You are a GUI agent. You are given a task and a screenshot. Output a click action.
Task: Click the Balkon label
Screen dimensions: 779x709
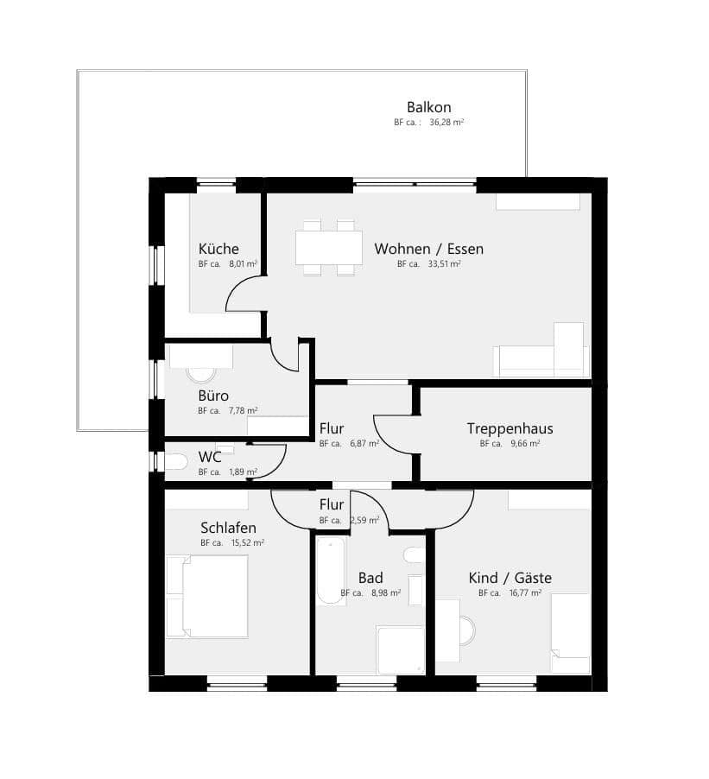[x=429, y=108]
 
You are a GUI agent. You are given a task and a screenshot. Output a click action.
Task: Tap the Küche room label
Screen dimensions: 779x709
[x=218, y=249]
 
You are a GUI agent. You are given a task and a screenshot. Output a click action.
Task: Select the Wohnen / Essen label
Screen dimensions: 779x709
[x=428, y=249]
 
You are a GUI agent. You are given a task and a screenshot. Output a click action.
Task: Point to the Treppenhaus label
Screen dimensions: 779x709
[x=510, y=428]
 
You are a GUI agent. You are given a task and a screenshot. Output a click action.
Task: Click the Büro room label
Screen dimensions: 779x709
[x=213, y=396]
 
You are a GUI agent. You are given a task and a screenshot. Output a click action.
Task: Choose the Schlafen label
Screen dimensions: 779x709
[x=228, y=528]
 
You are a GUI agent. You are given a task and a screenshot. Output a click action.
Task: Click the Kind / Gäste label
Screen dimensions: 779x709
[x=510, y=578]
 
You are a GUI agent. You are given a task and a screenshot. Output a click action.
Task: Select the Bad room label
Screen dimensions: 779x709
[x=370, y=578]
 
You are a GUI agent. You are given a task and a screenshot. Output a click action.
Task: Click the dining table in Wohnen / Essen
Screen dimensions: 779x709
[x=329, y=248]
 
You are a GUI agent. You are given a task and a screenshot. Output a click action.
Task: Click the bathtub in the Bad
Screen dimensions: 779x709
[x=329, y=571]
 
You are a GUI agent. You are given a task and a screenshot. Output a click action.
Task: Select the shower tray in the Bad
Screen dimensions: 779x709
[x=401, y=649]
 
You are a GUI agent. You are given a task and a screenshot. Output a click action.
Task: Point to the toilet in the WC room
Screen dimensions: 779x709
[x=175, y=462]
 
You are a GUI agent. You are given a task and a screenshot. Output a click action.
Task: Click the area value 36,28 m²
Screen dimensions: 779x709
[x=447, y=123]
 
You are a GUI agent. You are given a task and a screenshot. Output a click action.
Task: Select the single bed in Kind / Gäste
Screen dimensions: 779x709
[x=571, y=633]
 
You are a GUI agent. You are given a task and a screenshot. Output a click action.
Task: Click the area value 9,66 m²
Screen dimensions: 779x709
[x=522, y=444]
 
